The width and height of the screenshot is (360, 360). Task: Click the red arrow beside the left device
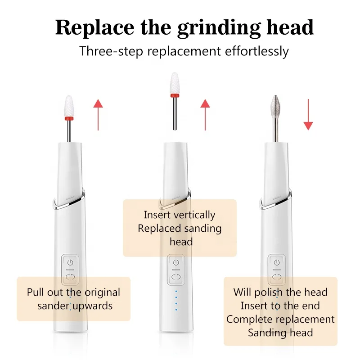98,115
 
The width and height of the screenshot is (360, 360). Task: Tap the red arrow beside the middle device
205,115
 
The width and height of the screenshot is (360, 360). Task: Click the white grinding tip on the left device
69,106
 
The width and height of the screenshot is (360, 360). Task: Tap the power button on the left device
70,263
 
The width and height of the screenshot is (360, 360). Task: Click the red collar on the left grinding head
69,118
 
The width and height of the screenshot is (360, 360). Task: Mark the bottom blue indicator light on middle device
176,310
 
